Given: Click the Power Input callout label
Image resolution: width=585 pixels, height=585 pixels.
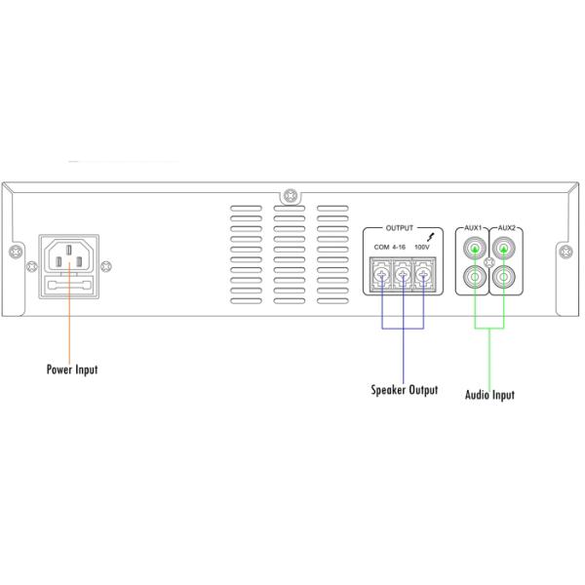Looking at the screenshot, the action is [x=72, y=370].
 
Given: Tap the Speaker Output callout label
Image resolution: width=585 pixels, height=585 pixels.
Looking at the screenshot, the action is [x=405, y=389].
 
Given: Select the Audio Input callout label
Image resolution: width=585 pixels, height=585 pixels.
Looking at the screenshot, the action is [x=489, y=395].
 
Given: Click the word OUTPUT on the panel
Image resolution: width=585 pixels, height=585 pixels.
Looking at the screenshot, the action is [x=400, y=228].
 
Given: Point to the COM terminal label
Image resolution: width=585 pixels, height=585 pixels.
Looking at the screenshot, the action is [x=381, y=247].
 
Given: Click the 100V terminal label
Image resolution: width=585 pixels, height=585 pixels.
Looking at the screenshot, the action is [x=422, y=247].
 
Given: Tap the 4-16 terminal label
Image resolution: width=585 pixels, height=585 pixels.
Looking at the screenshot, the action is [x=399, y=247].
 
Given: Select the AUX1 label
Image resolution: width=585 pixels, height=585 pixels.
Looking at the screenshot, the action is [x=473, y=227].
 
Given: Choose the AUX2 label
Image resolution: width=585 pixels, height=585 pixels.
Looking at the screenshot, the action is [x=506, y=227].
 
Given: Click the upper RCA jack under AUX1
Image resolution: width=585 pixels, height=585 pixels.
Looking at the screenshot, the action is [x=475, y=248].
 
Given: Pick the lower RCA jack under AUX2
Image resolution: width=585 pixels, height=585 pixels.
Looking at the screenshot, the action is [x=504, y=277].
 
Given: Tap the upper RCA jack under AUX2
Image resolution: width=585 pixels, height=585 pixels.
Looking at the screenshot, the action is [x=504, y=248].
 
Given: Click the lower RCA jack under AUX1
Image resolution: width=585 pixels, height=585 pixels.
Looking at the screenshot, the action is [x=475, y=277].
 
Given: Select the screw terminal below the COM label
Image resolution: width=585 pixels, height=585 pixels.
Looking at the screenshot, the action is [x=381, y=276].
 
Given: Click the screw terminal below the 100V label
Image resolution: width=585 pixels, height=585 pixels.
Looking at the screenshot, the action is [x=423, y=276].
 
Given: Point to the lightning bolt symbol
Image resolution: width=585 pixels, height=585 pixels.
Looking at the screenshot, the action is [x=431, y=237].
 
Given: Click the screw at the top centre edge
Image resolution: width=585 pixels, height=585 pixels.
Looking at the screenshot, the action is [x=291, y=196].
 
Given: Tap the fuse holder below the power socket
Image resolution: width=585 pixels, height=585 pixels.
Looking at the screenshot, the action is [x=69, y=286].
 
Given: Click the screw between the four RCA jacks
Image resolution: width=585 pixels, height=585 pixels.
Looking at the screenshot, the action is [x=489, y=262].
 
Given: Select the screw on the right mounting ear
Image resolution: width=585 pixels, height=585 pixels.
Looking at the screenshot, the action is [x=566, y=253].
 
